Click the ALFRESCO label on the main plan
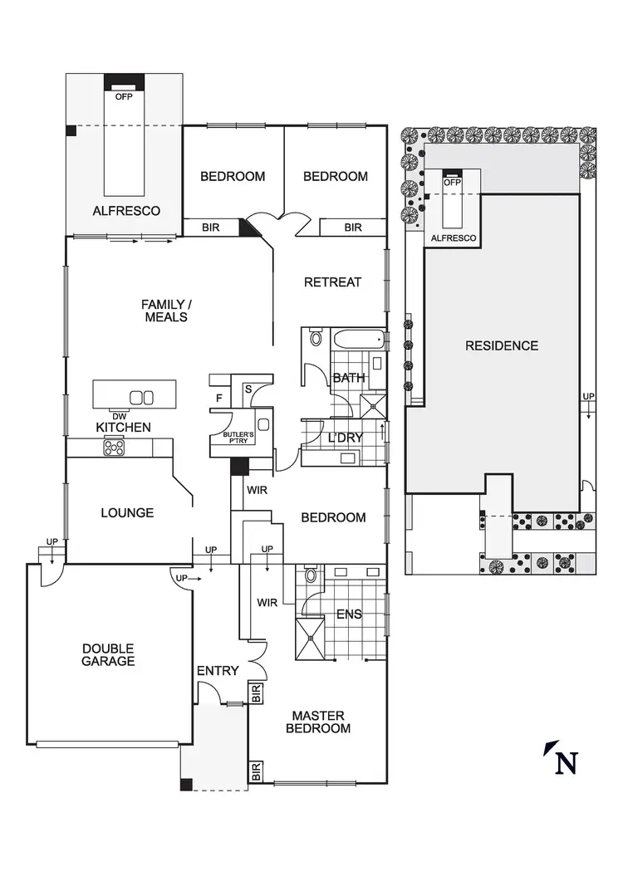tap(125, 211)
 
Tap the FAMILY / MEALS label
tap(164, 311)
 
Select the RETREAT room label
tap(332, 282)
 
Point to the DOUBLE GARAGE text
tap(108, 654)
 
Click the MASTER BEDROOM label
tap(318, 722)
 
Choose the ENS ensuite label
tap(348, 614)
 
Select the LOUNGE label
tap(127, 512)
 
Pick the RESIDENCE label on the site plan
tap(501, 345)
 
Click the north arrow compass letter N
tap(567, 763)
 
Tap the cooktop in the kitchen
tap(113, 448)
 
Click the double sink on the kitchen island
tap(142, 397)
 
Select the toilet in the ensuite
tap(311, 575)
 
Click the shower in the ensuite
tap(312, 638)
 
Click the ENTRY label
tap(218, 671)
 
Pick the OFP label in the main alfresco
tap(124, 95)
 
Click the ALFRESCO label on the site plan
tap(454, 238)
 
